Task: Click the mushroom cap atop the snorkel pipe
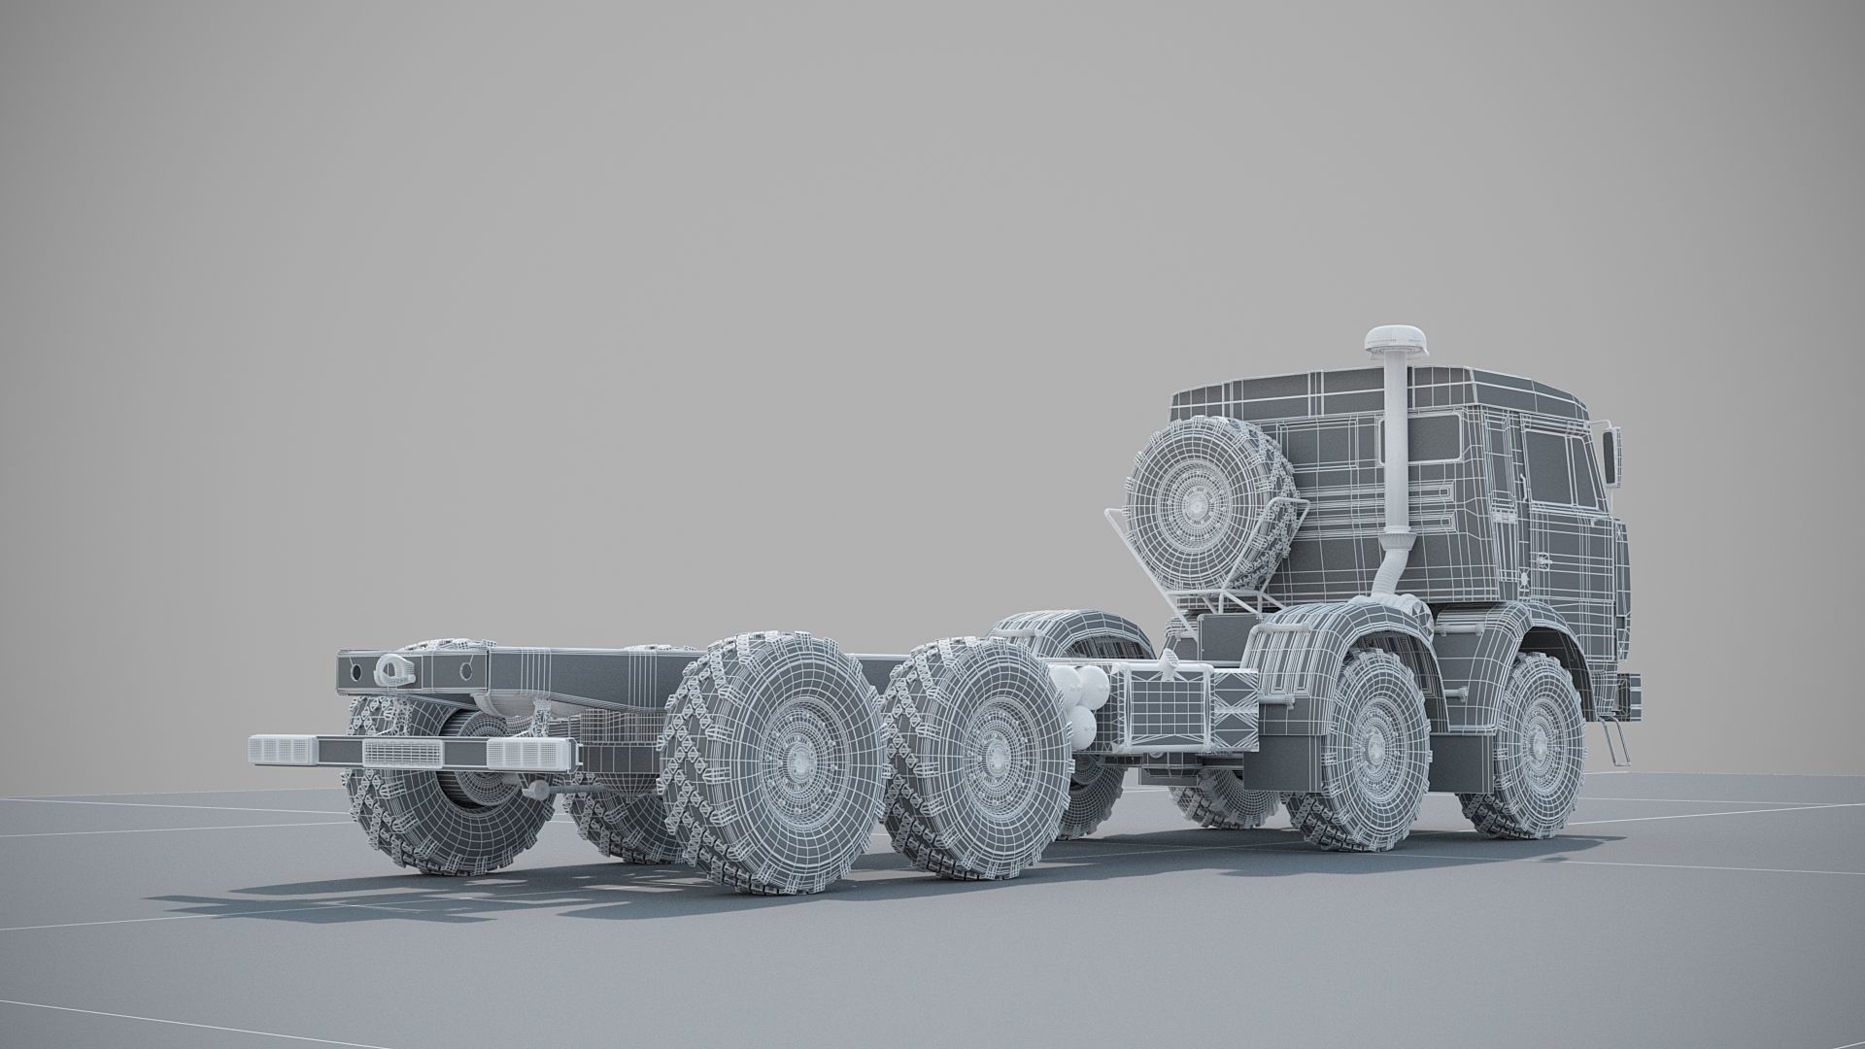tap(1392, 340)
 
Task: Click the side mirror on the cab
tap(1612, 457)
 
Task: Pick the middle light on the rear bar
tap(402, 752)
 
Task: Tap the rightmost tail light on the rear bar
tap(529, 754)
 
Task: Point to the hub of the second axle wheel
tap(1377, 748)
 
